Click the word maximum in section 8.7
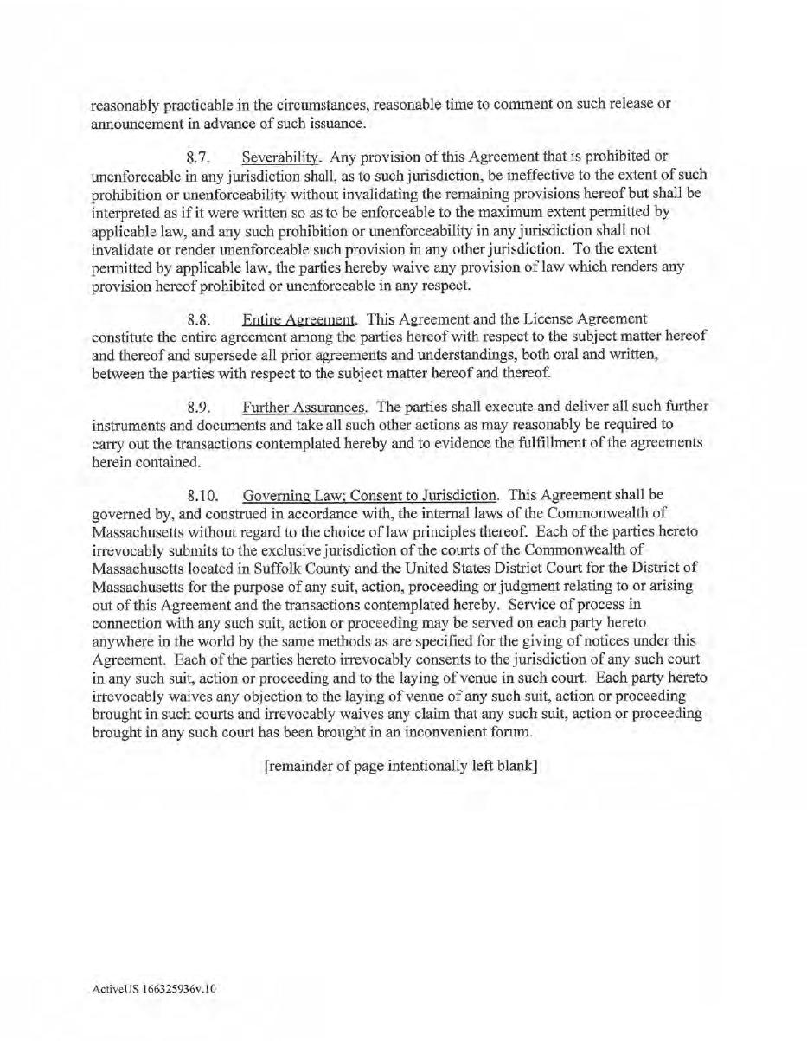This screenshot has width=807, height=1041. [495, 211]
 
